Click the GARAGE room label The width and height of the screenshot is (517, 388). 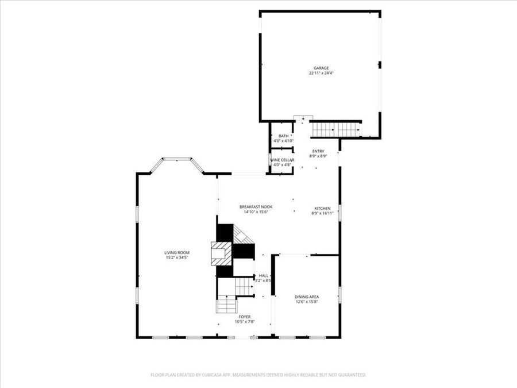(x=321, y=68)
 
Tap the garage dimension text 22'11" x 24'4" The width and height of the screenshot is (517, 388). (x=321, y=74)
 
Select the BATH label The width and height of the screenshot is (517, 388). (x=284, y=136)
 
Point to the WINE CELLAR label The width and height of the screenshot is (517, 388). (x=283, y=160)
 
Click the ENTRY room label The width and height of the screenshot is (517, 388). (x=318, y=151)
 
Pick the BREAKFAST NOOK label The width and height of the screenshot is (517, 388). (x=256, y=206)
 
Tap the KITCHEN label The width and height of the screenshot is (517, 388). (x=322, y=208)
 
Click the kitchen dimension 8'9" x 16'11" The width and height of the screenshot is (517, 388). (x=322, y=213)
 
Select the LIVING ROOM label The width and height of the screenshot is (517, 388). (x=177, y=252)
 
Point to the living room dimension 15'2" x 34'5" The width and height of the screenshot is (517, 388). (x=177, y=258)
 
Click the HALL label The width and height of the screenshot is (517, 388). (x=264, y=275)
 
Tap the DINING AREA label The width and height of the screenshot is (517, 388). (x=307, y=297)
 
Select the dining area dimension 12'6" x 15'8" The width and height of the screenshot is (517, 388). (x=307, y=302)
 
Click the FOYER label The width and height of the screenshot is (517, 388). (x=245, y=317)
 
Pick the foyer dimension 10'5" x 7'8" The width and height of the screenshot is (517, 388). (x=245, y=322)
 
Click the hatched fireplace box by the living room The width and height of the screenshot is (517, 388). (x=220, y=253)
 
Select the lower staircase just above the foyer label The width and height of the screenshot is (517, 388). (x=226, y=304)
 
